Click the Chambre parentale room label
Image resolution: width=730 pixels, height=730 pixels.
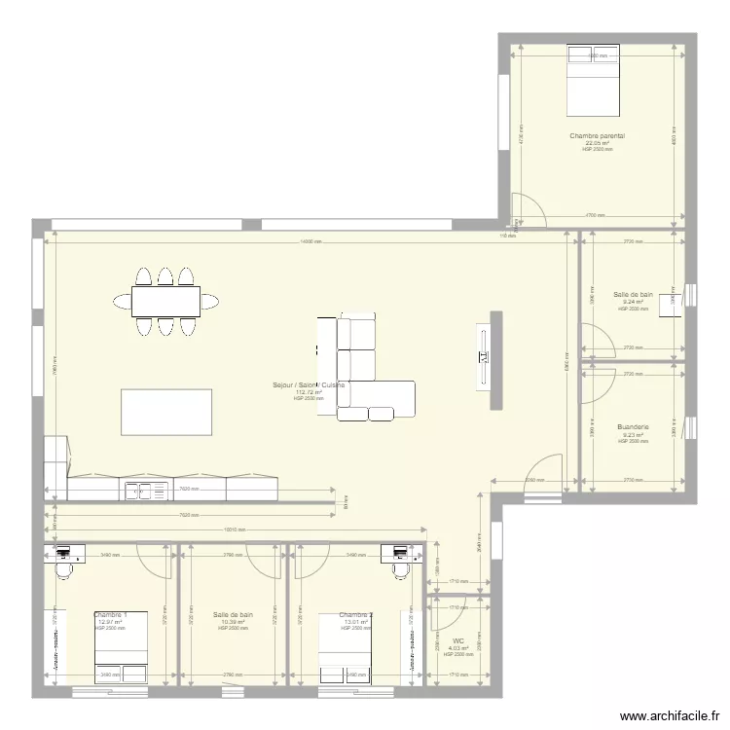click(598, 136)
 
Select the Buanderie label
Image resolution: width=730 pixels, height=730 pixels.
click(633, 426)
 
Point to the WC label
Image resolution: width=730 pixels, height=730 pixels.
click(458, 640)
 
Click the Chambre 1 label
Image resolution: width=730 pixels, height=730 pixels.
click(110, 615)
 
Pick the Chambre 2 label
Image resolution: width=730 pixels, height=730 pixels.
click(355, 615)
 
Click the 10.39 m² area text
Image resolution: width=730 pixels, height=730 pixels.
click(233, 622)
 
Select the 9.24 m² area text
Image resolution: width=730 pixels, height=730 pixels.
click(633, 302)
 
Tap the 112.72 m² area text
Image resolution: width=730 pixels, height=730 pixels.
click(309, 392)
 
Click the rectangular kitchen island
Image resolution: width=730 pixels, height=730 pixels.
click(166, 412)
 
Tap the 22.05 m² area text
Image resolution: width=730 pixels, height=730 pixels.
click(598, 143)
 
